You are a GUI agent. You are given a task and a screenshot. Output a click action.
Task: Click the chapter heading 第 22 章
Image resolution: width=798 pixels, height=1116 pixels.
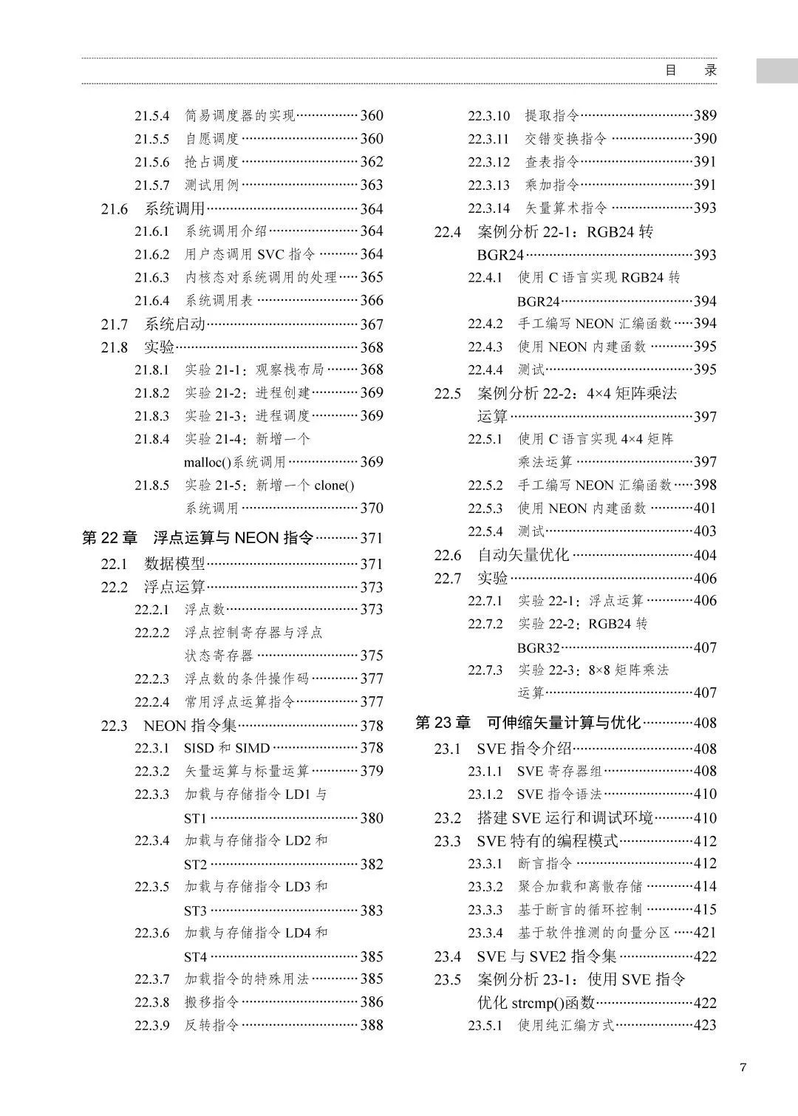(109, 538)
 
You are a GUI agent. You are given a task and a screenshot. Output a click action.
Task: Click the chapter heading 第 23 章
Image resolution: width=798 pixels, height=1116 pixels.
(443, 723)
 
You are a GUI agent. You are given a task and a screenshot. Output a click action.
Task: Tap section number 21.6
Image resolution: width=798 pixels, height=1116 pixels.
(115, 209)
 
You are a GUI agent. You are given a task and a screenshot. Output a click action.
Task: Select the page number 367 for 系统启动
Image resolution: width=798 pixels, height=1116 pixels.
(372, 324)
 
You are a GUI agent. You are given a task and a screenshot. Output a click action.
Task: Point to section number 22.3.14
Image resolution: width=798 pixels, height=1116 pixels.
(488, 208)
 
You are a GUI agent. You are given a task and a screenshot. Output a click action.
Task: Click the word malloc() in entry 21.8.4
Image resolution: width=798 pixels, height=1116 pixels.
(208, 463)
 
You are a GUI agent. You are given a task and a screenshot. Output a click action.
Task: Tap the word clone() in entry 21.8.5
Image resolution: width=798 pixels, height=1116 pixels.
(334, 486)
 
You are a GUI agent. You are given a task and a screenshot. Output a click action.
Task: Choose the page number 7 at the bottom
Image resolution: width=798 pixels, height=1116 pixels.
(743, 1067)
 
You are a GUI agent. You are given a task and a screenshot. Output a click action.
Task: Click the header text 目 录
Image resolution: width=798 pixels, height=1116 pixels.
(691, 71)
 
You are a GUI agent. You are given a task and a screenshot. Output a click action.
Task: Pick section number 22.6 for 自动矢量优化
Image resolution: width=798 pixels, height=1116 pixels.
(448, 555)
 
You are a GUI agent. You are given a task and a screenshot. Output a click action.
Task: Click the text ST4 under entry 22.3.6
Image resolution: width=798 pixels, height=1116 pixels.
(196, 957)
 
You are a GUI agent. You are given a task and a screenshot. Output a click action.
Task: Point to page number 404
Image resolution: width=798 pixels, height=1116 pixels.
(705, 555)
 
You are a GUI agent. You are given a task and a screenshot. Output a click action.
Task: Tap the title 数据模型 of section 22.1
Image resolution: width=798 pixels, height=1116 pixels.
(174, 564)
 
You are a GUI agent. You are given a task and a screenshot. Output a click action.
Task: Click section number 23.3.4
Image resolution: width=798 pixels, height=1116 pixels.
(485, 933)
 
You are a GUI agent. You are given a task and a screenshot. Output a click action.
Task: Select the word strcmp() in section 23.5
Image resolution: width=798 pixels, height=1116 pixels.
(536, 1003)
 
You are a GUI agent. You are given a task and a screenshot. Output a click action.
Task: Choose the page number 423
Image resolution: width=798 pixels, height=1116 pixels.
(705, 1025)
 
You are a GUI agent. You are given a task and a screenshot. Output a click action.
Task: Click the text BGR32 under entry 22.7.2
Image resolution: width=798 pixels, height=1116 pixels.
(538, 647)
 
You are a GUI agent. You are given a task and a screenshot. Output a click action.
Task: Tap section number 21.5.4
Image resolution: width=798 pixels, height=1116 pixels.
(151, 116)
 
